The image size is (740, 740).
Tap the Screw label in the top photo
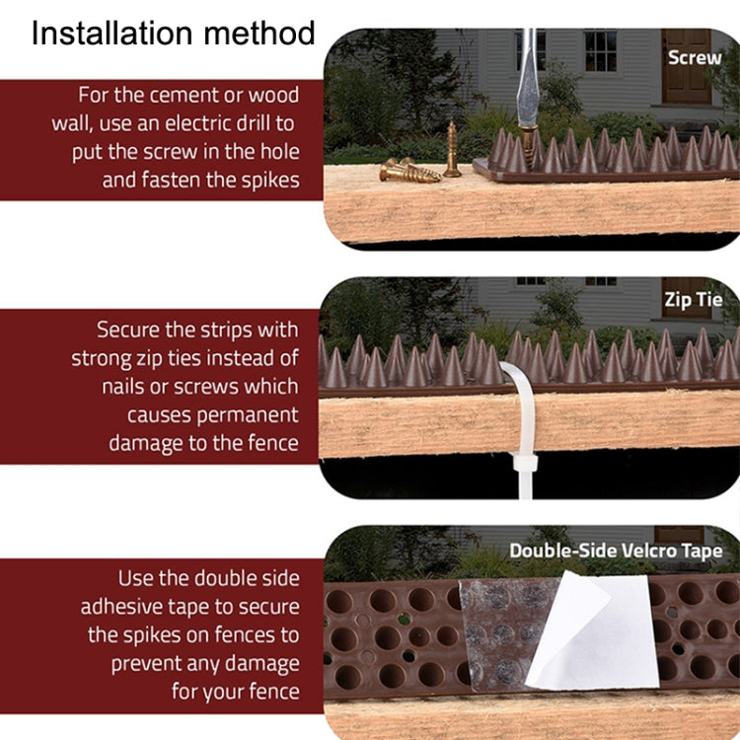(x=694, y=57)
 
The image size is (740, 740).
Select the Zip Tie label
(x=693, y=300)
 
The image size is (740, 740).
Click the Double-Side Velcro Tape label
(x=616, y=551)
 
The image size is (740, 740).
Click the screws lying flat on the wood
(x=408, y=170)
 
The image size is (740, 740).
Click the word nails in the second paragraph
(x=126, y=386)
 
